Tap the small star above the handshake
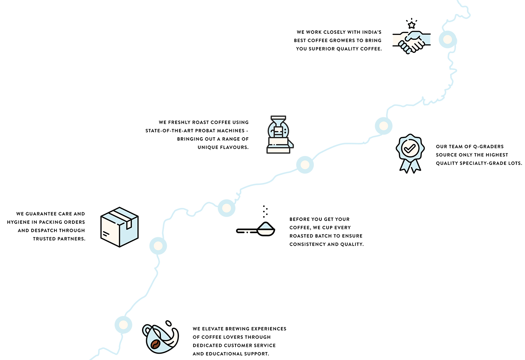click(412, 25)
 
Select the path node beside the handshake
click(447, 39)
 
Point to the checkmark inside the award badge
click(410, 148)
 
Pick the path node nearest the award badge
click(383, 126)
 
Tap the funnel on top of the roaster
click(278, 121)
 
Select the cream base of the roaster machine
click(278, 147)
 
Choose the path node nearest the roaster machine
click(305, 164)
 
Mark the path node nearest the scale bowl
click(226, 207)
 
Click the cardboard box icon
click(119, 227)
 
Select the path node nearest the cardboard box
click(158, 246)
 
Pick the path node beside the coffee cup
click(123, 324)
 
